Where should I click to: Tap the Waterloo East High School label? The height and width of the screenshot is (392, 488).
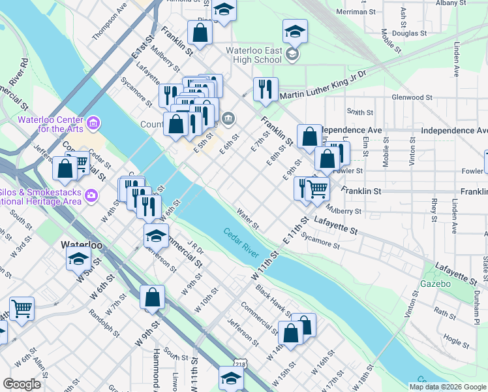[254, 55]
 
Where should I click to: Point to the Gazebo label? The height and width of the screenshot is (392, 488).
[436, 284]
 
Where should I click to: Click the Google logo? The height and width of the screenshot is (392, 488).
[22, 384]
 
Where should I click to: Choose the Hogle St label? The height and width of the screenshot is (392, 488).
[451, 339]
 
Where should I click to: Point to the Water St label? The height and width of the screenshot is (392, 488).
[248, 220]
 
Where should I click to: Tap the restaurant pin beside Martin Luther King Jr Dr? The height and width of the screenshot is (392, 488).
[266, 89]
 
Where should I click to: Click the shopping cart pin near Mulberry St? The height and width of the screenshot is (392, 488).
[317, 188]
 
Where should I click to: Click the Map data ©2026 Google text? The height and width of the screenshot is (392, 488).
[448, 387]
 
